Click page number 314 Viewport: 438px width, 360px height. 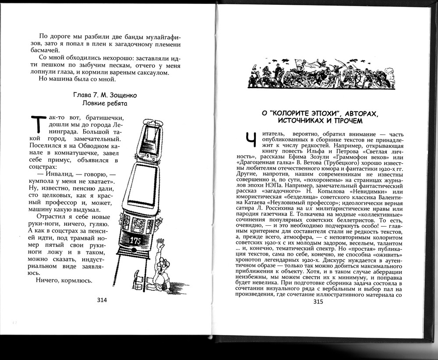coord(102,300)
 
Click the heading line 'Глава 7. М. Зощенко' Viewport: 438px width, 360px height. coord(104,95)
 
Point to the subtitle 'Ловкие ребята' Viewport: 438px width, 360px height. coord(104,103)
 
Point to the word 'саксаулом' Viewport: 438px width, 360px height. coord(151,72)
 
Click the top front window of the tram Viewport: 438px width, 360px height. coord(147,128)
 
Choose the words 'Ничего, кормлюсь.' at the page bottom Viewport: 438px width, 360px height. coord(67,281)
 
